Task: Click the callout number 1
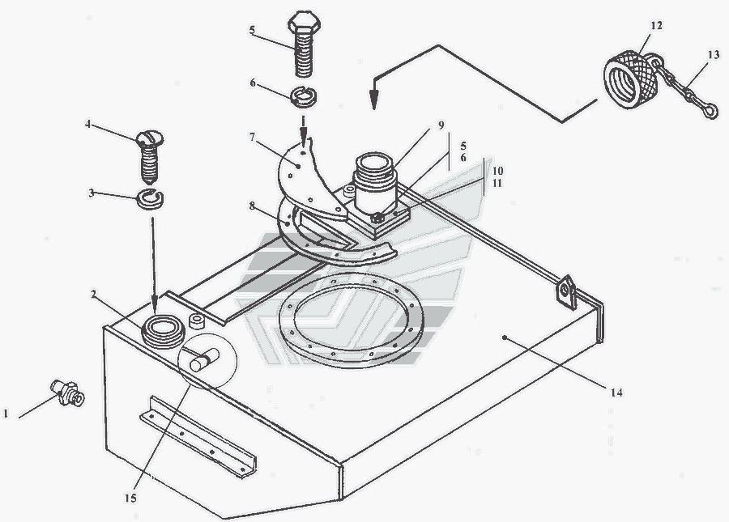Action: pos(6,414)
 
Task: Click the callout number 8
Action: pos(253,206)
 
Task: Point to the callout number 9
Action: pos(441,125)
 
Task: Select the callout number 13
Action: pos(712,55)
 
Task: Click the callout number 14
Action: pos(618,393)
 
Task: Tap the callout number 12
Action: pos(656,26)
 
